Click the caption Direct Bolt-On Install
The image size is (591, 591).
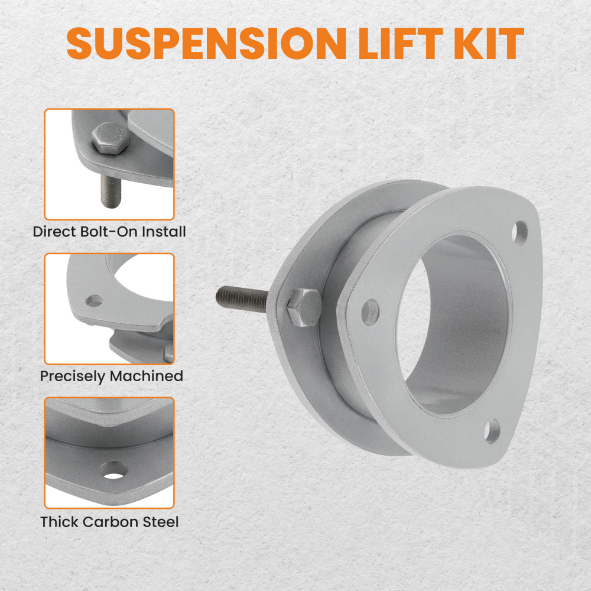[x=109, y=231]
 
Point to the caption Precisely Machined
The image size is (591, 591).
[x=112, y=376]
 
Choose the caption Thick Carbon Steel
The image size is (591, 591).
[x=109, y=522]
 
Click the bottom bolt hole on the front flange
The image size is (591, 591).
[x=492, y=430]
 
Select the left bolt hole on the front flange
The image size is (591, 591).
[x=370, y=311]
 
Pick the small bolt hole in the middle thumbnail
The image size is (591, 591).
[x=94, y=300]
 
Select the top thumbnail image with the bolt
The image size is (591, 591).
[x=109, y=164]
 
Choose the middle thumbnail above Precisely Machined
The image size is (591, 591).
[x=109, y=309]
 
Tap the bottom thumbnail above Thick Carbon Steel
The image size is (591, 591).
[x=109, y=453]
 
